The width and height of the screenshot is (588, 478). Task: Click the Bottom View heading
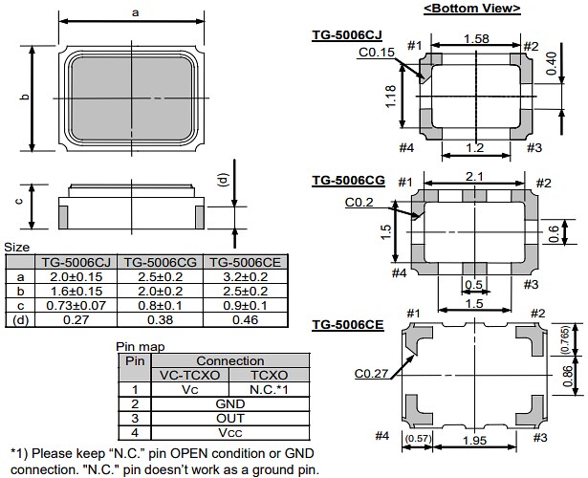pyautogui.click(x=471, y=9)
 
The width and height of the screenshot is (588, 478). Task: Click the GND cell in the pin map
pyautogui.click(x=223, y=403)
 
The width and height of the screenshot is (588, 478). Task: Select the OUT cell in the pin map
pyautogui.click(x=223, y=418)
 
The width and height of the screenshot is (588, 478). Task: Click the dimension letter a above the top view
pyautogui.click(x=136, y=11)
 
